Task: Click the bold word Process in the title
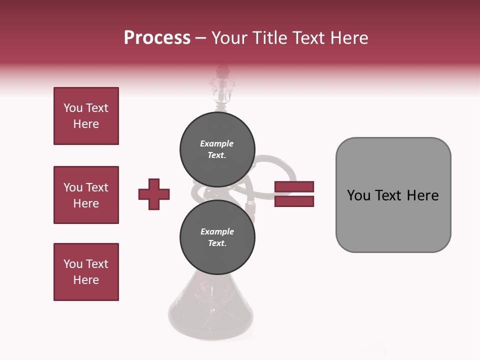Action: [x=157, y=38]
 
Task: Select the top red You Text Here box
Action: [x=86, y=116]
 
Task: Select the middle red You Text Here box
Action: [x=86, y=195]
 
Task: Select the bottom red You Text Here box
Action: [x=86, y=272]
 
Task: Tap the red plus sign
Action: [x=154, y=194]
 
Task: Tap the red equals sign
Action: [x=294, y=194]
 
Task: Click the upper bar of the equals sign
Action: [x=294, y=187]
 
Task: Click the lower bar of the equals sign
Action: [x=294, y=201]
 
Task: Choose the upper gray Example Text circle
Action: [x=217, y=149]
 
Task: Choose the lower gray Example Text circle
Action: [x=217, y=237]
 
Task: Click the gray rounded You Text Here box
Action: [x=393, y=195]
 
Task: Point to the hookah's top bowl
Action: [x=220, y=87]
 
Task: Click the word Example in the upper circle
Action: [x=216, y=143]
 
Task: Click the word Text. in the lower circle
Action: [x=217, y=243]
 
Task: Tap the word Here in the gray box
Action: [x=422, y=195]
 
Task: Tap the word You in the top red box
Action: [x=72, y=108]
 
